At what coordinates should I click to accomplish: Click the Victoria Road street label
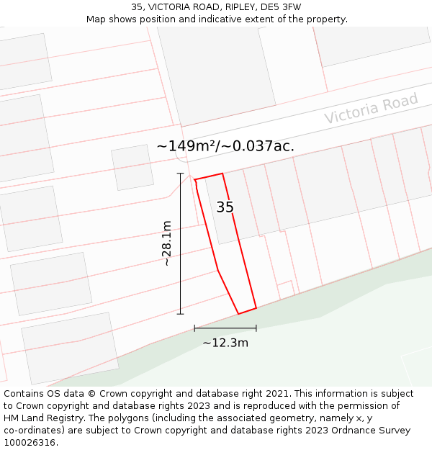point(371,108)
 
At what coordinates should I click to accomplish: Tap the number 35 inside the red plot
point(225,207)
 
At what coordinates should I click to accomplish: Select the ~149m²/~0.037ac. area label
point(225,146)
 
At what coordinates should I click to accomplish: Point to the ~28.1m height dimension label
point(166,243)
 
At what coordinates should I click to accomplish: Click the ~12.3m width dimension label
point(225,343)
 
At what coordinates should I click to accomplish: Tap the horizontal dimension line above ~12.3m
point(225,328)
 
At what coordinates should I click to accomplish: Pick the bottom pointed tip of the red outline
point(238,314)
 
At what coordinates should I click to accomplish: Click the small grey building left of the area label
point(132,167)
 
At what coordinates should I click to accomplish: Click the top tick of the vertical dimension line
point(180,174)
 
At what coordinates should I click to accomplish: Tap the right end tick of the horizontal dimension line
point(256,328)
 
